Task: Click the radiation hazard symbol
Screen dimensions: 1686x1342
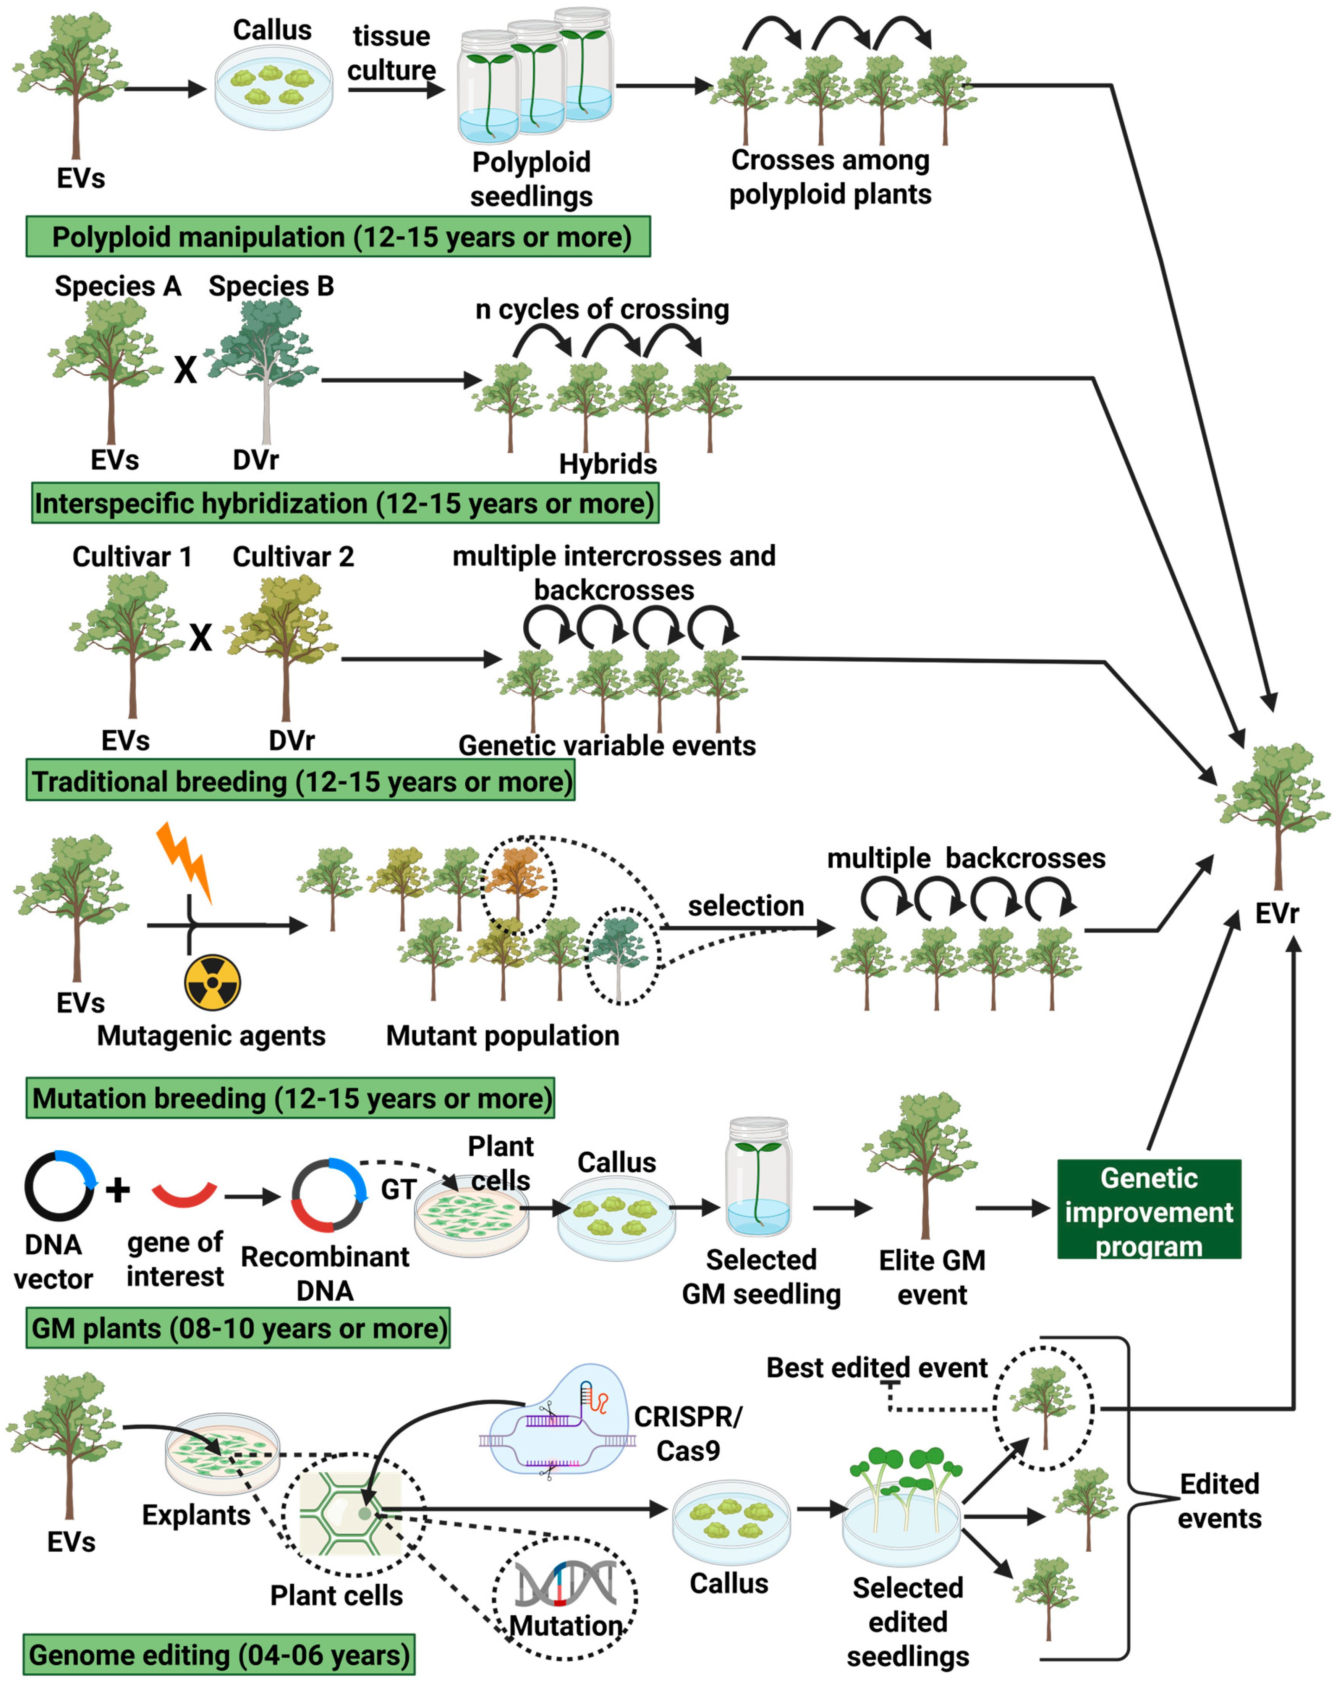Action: [x=212, y=983]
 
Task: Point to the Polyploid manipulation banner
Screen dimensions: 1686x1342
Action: [x=338, y=237]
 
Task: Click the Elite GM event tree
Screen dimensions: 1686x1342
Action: [x=921, y=1161]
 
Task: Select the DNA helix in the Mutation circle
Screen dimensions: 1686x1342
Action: [x=565, y=1584]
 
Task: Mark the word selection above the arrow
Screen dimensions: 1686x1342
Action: [x=745, y=905]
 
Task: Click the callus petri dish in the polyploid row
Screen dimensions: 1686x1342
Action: [x=274, y=87]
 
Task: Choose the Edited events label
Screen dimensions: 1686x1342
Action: [x=1219, y=1501]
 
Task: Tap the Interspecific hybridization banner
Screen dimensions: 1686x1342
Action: [x=344, y=503]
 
